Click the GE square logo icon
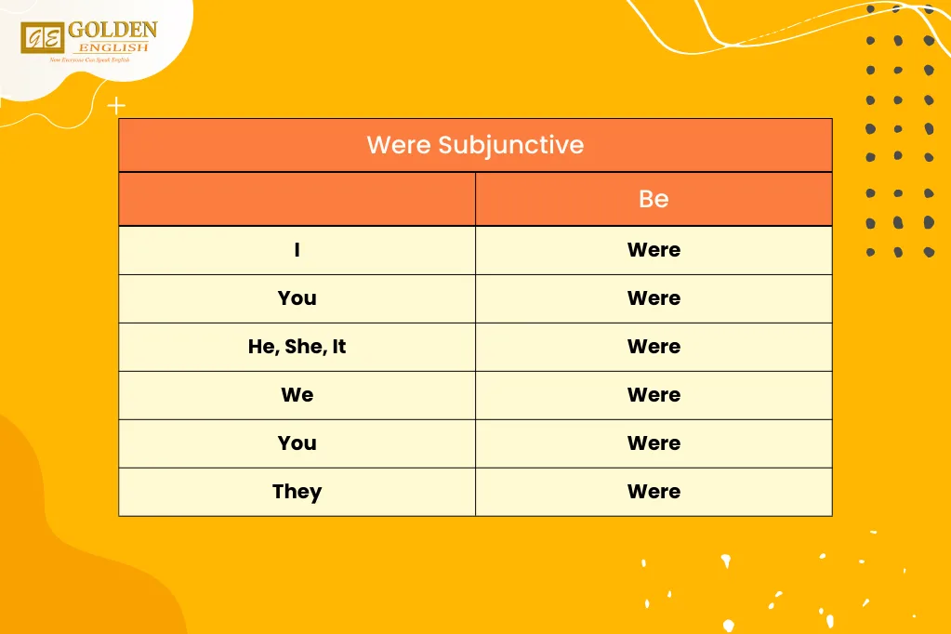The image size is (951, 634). (42, 37)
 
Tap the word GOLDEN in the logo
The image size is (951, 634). (112, 30)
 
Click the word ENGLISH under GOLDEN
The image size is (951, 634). (112, 46)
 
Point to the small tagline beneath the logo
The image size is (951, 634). (89, 60)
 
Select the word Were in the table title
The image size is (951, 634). (399, 145)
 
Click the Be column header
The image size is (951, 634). (654, 199)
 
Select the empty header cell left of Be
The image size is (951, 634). (297, 199)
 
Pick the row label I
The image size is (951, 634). (297, 250)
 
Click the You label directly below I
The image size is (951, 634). (297, 298)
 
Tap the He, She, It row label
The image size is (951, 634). (297, 347)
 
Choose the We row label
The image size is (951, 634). (297, 395)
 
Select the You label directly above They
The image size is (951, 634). (297, 443)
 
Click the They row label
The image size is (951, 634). (297, 492)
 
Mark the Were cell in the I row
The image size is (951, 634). (654, 250)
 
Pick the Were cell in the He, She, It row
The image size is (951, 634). (654, 347)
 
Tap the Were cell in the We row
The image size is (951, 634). (654, 395)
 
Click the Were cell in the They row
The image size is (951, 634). (654, 492)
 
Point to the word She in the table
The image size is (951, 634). (304, 347)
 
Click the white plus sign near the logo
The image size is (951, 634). (116, 106)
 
